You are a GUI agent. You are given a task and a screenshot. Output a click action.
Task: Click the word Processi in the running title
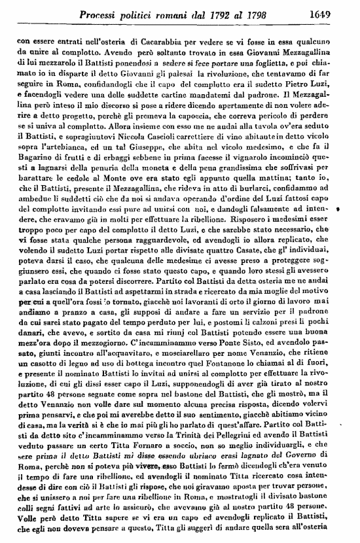99,13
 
